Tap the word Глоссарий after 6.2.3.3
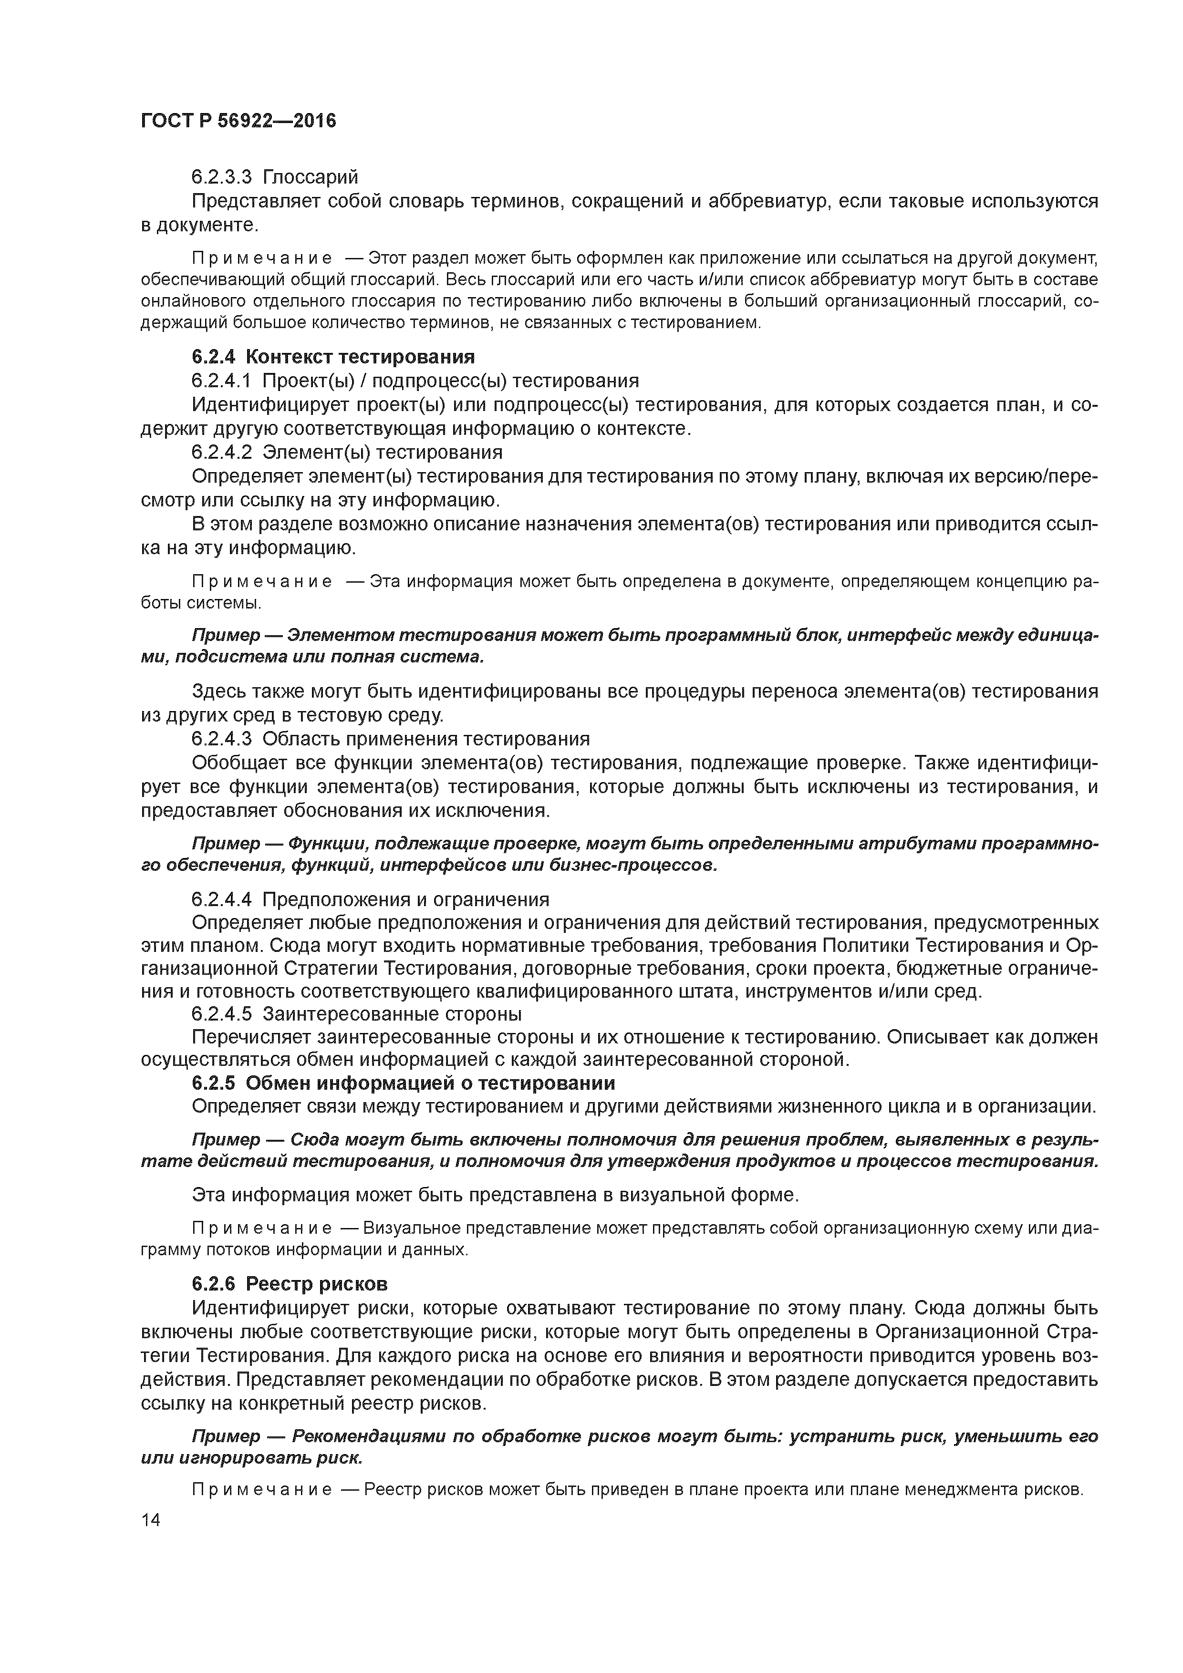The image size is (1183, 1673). coord(311,177)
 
